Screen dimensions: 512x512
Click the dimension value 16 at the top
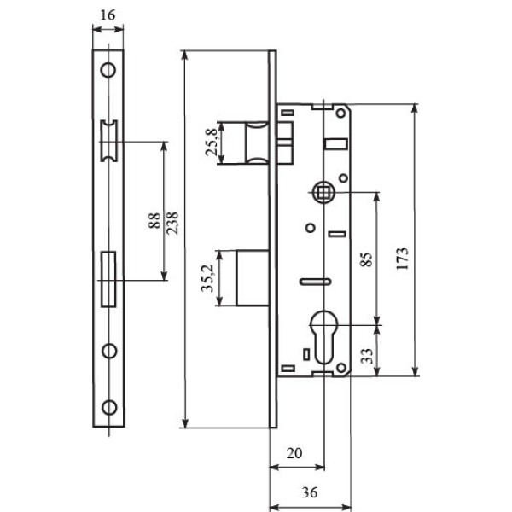click(108, 15)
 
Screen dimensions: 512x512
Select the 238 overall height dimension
click(172, 223)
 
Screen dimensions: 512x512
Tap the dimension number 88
click(154, 220)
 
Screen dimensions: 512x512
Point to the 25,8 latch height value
click(212, 142)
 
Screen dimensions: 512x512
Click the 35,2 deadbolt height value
click(207, 278)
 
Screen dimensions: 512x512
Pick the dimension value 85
click(366, 259)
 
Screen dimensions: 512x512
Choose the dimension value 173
click(403, 259)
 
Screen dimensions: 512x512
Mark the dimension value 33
click(367, 356)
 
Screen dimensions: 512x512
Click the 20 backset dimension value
click(294, 453)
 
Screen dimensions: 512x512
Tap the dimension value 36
click(310, 492)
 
